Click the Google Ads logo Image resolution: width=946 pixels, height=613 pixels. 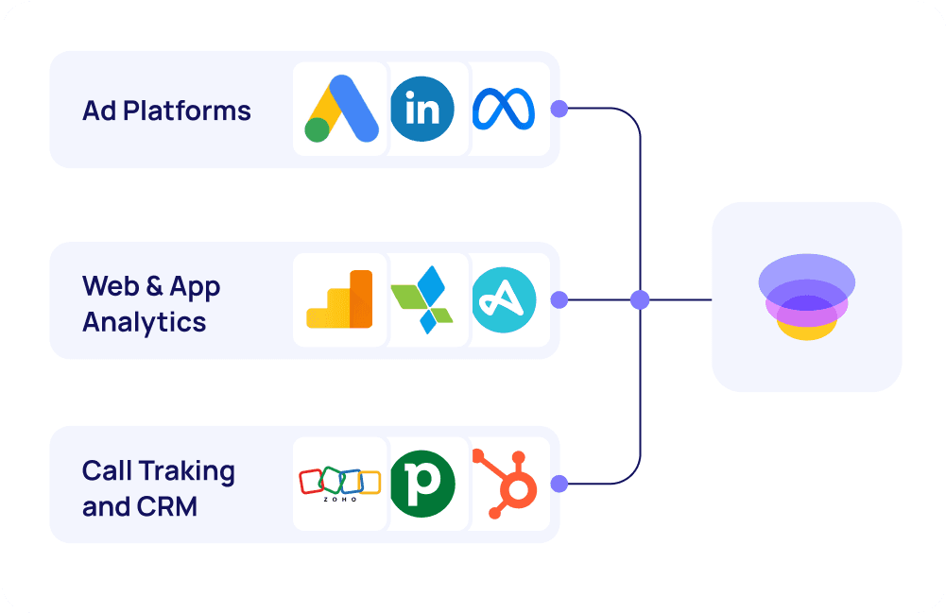(341, 109)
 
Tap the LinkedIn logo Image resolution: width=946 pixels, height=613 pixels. (421, 110)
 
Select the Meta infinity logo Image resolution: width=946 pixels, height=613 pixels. (504, 110)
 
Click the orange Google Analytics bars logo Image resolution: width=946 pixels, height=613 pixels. (340, 299)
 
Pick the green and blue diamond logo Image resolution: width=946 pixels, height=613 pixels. (421, 299)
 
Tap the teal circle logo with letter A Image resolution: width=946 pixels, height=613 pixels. (504, 299)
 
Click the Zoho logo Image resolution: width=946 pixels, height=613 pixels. (340, 484)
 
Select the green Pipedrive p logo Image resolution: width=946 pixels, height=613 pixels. (421, 484)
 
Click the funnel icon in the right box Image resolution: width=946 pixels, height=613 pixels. (806, 297)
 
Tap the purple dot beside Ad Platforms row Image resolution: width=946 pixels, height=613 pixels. (559, 109)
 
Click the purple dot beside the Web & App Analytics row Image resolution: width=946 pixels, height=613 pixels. (559, 300)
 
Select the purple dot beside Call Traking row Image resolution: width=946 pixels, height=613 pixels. (559, 484)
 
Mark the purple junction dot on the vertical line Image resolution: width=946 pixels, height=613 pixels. (640, 300)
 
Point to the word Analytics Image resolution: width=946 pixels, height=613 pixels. (144, 322)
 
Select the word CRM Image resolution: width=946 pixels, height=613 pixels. (167, 506)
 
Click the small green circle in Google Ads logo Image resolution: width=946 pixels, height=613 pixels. (317, 130)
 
